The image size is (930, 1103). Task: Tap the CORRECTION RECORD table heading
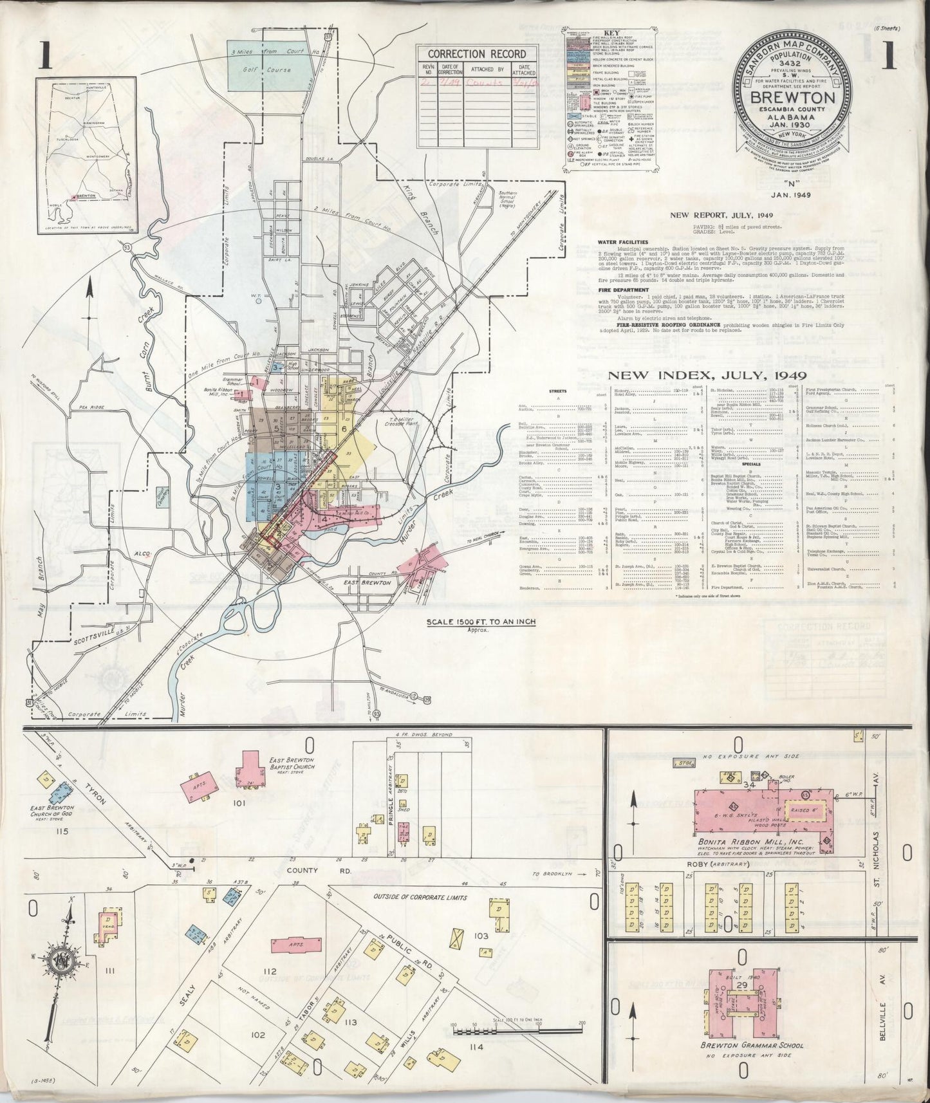pos(477,54)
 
